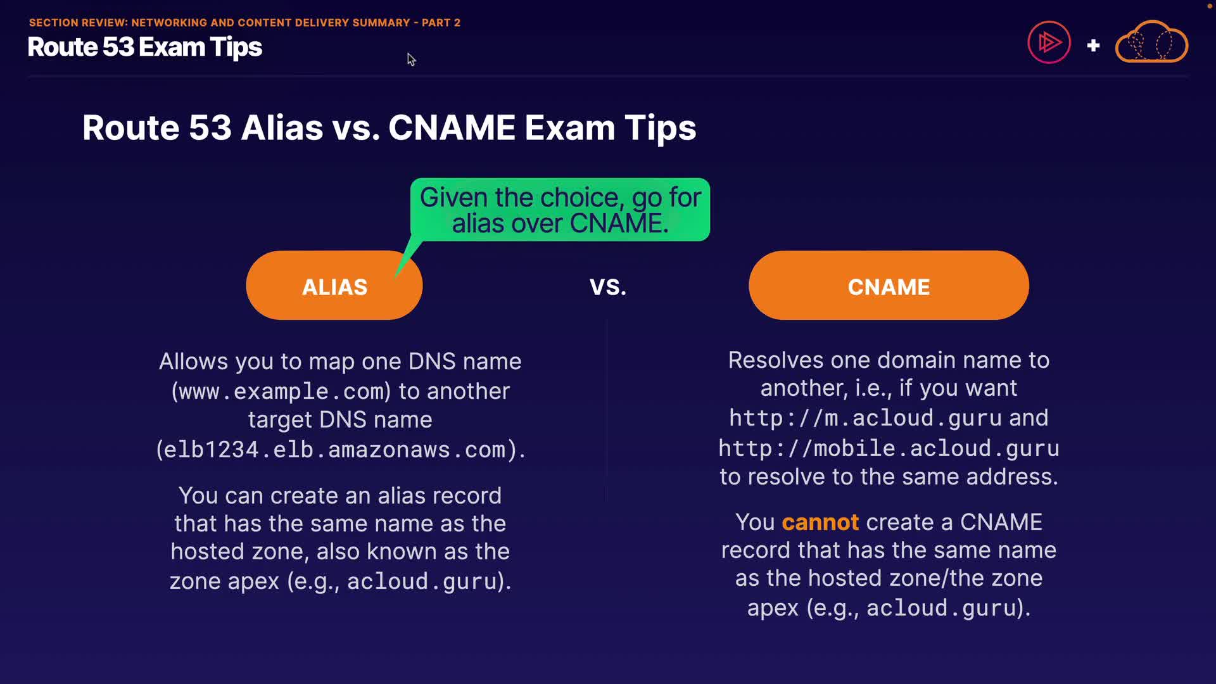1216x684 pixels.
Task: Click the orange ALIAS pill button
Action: (x=334, y=286)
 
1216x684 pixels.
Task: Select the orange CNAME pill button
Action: (x=889, y=286)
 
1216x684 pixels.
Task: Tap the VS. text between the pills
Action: (x=608, y=287)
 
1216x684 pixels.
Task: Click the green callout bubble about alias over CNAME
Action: (x=560, y=210)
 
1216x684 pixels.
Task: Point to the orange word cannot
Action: (x=820, y=522)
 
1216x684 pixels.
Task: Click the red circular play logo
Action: (x=1049, y=42)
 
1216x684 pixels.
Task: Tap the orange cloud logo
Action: (x=1151, y=42)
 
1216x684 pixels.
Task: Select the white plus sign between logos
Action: (x=1093, y=46)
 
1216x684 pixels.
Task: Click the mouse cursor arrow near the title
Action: (x=411, y=60)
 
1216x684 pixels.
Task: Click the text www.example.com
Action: (x=281, y=391)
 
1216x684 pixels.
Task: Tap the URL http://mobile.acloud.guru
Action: (x=889, y=448)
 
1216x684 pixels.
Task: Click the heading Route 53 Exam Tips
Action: (x=145, y=47)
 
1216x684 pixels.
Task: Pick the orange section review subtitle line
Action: (x=244, y=23)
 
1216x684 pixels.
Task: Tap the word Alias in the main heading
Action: (x=282, y=127)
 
